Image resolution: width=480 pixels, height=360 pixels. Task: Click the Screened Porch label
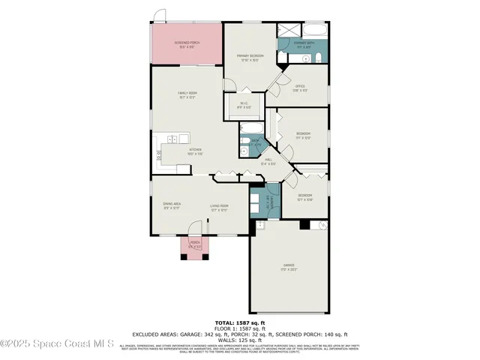(x=186, y=43)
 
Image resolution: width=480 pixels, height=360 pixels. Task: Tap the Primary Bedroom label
(x=250, y=58)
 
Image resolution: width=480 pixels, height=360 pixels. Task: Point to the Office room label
(x=300, y=87)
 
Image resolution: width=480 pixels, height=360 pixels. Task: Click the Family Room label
(x=186, y=94)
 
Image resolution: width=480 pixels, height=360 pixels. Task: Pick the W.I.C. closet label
(x=244, y=106)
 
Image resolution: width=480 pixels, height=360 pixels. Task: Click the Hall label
(x=268, y=161)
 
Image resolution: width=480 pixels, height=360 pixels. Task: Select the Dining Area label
(x=172, y=207)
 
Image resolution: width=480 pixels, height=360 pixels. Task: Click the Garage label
(x=289, y=267)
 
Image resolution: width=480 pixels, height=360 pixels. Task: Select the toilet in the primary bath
(x=318, y=57)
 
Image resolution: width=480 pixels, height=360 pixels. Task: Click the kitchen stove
(x=158, y=155)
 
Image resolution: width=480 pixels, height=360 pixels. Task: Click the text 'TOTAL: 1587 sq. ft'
(x=239, y=322)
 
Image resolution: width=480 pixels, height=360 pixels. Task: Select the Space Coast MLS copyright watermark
(x=57, y=344)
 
